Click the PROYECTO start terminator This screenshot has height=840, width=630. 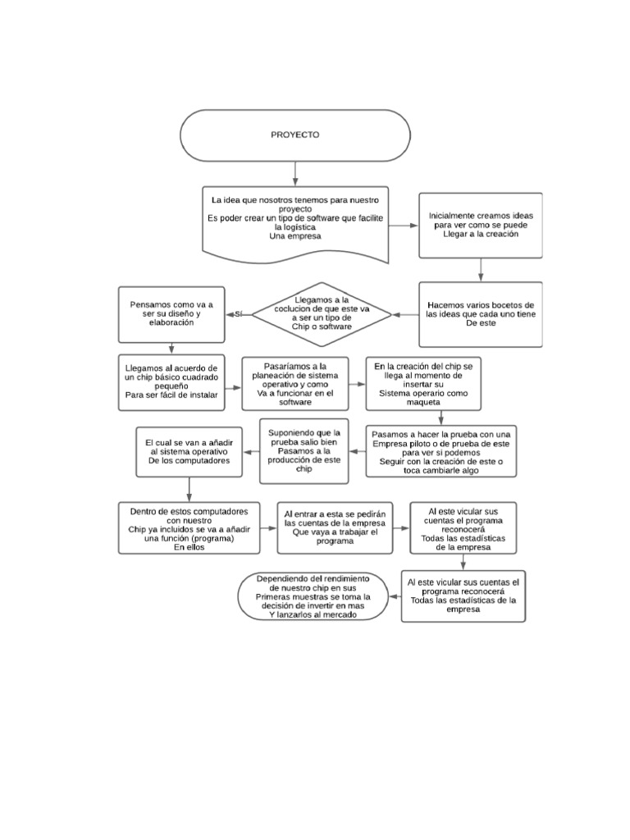295,135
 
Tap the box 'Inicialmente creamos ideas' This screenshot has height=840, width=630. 480,224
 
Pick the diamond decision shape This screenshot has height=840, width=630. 309,315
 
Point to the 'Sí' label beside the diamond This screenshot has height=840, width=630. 239,314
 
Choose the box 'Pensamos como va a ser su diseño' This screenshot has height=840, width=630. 172,313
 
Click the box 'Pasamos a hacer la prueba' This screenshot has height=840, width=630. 441,450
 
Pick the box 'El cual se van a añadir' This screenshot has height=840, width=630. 189,451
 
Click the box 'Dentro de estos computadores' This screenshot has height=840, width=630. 189,530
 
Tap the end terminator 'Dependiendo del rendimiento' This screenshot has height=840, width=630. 313,596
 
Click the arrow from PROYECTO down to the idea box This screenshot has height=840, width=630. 295,172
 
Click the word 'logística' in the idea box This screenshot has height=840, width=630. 295,227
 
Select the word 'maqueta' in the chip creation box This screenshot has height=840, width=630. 422,402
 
